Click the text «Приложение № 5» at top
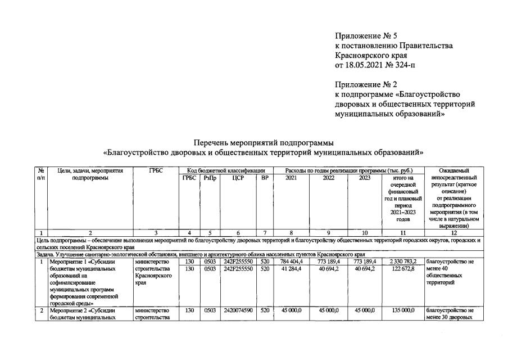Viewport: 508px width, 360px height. point(365,36)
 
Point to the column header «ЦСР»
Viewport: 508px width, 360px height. point(238,178)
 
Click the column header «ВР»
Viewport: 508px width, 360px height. point(265,178)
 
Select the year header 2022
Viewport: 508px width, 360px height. point(328,178)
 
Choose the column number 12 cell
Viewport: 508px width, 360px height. point(453,233)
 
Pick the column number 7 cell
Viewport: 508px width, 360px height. point(265,233)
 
